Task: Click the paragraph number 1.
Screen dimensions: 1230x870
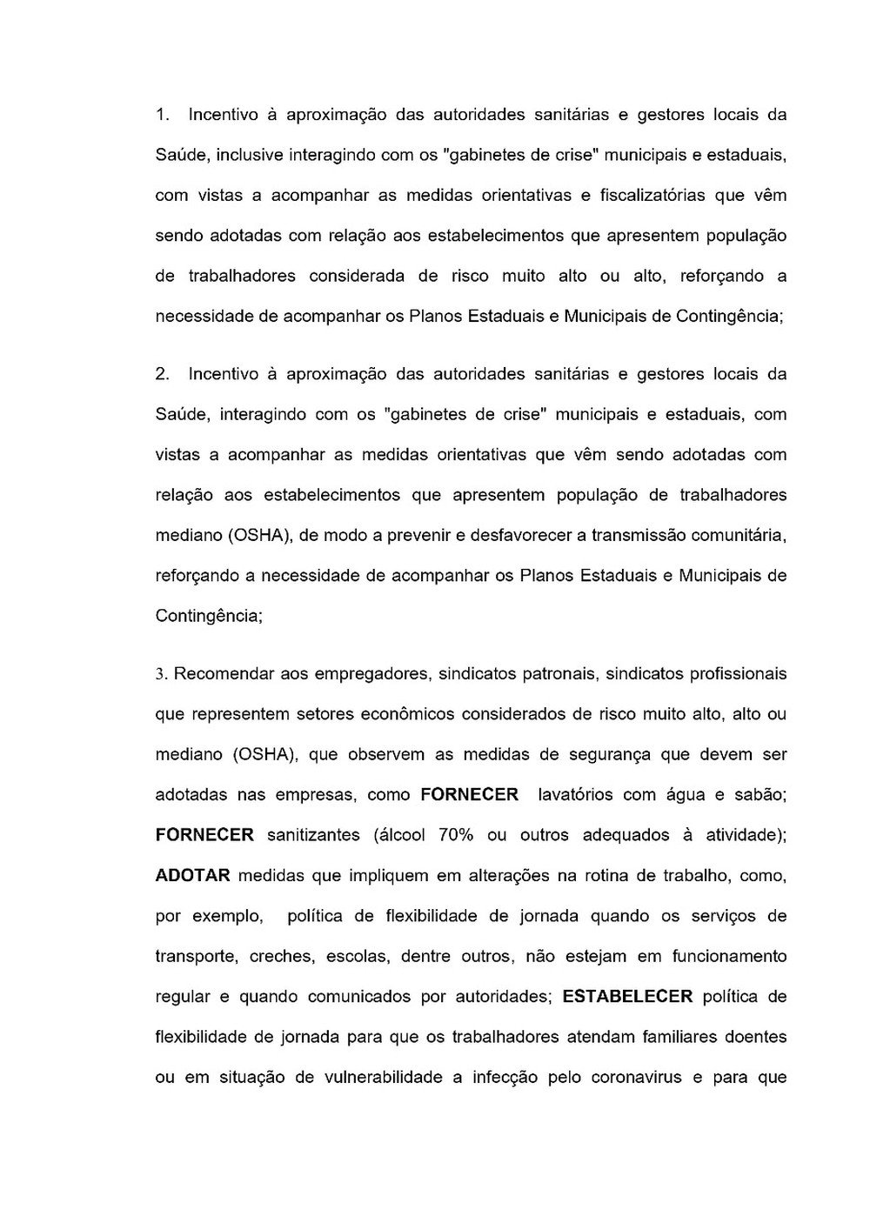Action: click(x=160, y=115)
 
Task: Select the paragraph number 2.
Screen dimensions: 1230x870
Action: click(x=161, y=374)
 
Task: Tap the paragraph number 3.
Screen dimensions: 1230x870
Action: click(x=160, y=674)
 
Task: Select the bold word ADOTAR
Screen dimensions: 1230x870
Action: click(x=192, y=875)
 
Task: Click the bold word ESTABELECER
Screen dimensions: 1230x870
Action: click(x=627, y=996)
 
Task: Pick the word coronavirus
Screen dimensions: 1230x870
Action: click(x=638, y=1077)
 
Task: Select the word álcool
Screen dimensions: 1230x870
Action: click(x=399, y=835)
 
